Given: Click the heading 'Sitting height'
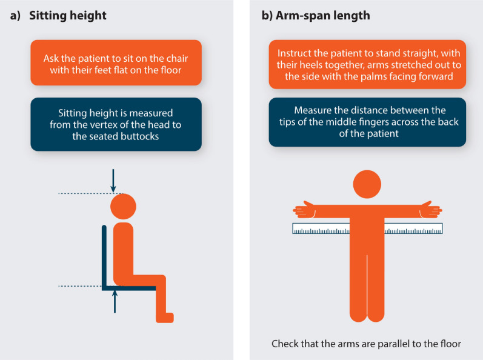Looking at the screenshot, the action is click(68, 16).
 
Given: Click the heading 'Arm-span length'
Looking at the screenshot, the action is click(323, 16).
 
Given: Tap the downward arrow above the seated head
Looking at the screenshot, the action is click(113, 181).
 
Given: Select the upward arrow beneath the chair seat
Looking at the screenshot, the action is click(115, 301).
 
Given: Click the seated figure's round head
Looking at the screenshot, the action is click(123, 206).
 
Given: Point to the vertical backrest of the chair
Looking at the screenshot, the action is click(104, 256).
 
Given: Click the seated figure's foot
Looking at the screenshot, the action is click(165, 318).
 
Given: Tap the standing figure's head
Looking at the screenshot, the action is click(367, 184).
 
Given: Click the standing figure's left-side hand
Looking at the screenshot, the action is click(304, 210).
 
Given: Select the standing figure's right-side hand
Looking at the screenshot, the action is click(431, 210).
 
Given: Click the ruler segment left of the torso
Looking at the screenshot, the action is click(321, 228).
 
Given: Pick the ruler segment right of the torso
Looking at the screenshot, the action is click(414, 228).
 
